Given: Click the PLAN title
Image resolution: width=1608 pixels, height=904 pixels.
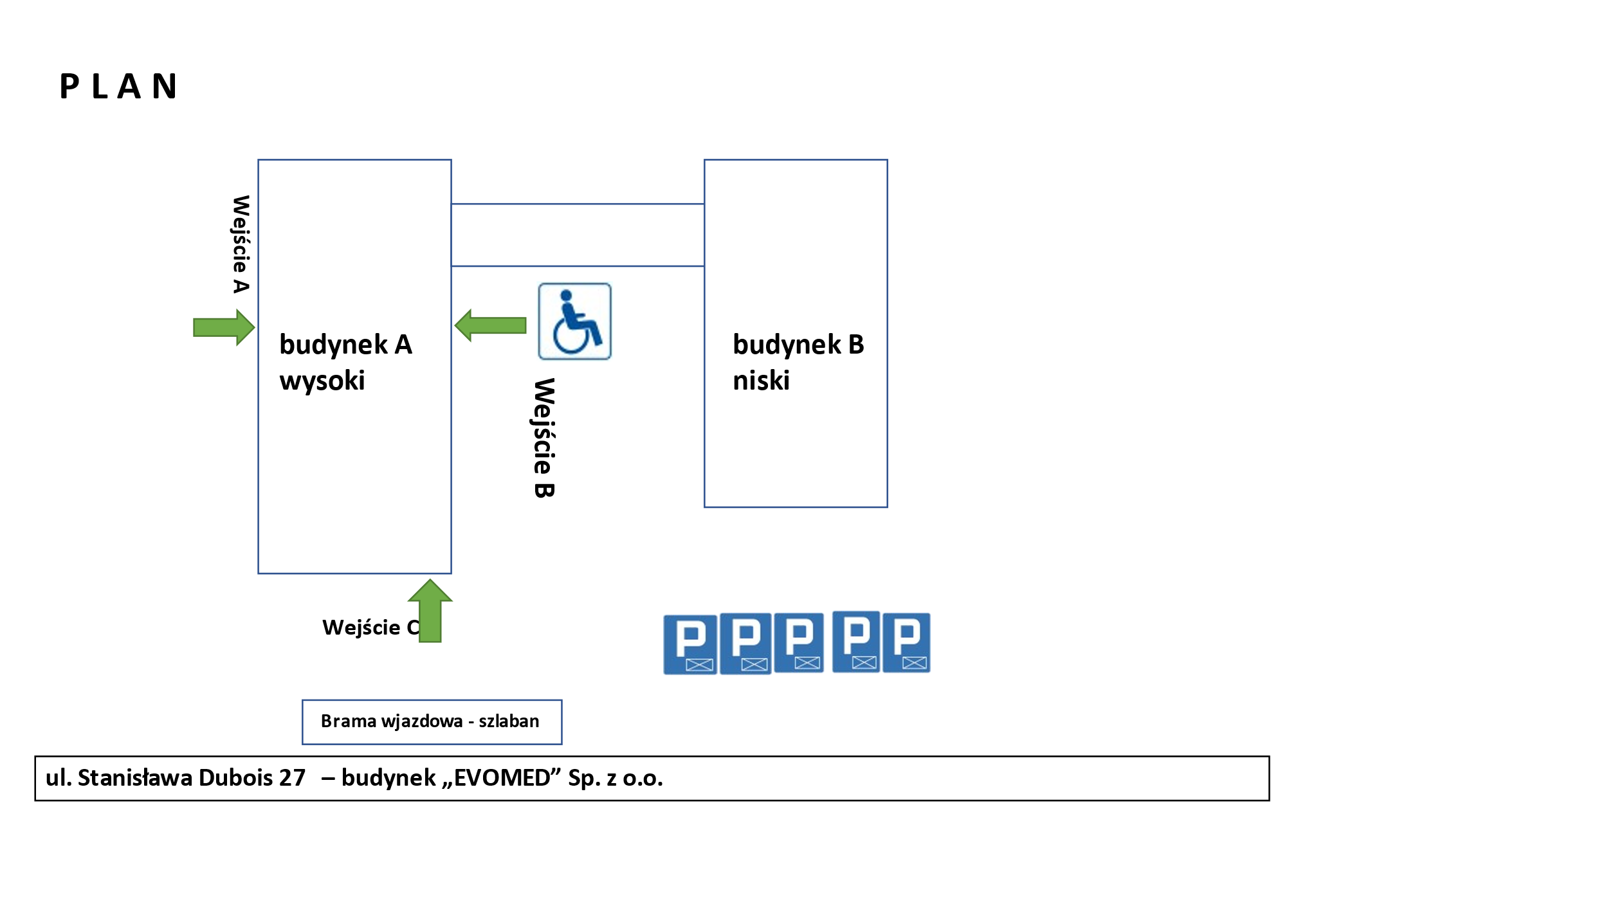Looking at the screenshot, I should coord(118,87).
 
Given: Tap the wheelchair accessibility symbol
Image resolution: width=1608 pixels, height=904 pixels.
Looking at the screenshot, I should coord(574,321).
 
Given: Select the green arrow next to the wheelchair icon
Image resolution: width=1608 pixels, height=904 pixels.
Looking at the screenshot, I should coord(491,325).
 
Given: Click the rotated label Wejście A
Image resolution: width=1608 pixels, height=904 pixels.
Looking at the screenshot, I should coord(241,244).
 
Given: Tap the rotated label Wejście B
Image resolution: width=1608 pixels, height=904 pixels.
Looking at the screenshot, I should coord(544,437).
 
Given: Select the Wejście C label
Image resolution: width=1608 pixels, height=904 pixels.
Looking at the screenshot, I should coord(370,627).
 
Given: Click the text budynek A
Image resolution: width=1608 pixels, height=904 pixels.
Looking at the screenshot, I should coord(345,345).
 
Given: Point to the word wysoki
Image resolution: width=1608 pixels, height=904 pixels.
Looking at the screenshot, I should coord(322,381).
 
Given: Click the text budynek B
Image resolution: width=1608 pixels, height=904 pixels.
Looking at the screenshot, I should coord(798,345).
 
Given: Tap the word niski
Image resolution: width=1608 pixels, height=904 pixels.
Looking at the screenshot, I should coord(761,381).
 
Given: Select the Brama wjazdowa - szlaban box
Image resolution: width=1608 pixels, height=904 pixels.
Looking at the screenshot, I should coord(432,721).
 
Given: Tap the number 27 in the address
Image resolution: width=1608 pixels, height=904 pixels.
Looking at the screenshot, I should coord(292,778).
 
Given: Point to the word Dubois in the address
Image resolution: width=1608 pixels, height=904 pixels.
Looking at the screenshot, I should coord(235,778).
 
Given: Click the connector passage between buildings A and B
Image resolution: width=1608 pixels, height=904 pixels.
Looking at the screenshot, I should coord(578,235).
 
